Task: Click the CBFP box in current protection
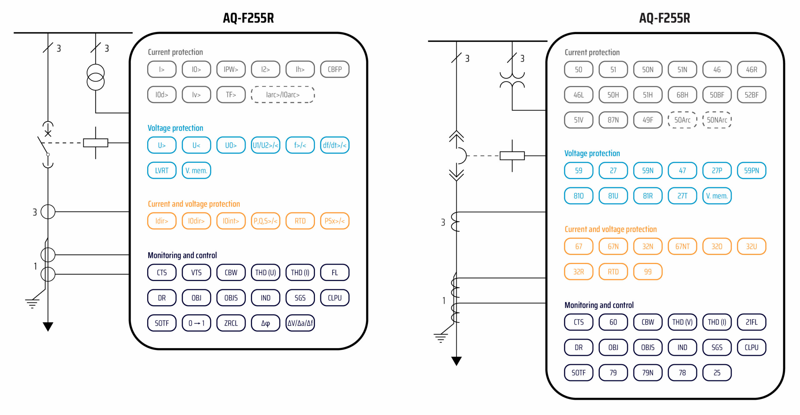tap(334, 69)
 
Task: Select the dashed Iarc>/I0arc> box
tap(282, 95)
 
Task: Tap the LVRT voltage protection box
tap(162, 170)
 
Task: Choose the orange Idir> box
tap(162, 221)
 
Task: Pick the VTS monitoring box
tap(196, 273)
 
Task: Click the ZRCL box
tap(231, 323)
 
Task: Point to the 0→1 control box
tap(196, 323)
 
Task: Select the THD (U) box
tap(265, 273)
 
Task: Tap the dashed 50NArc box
tap(717, 120)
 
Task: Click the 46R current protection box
tap(751, 70)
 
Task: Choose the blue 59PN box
tap(751, 170)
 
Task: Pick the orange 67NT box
tap(682, 246)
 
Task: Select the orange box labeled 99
tap(647, 272)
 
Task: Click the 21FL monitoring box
tap(751, 322)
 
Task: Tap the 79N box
tap(647, 373)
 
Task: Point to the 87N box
tap(613, 120)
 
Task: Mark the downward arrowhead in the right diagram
tap(456, 361)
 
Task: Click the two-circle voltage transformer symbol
tap(95, 77)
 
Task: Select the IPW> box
tap(231, 69)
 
